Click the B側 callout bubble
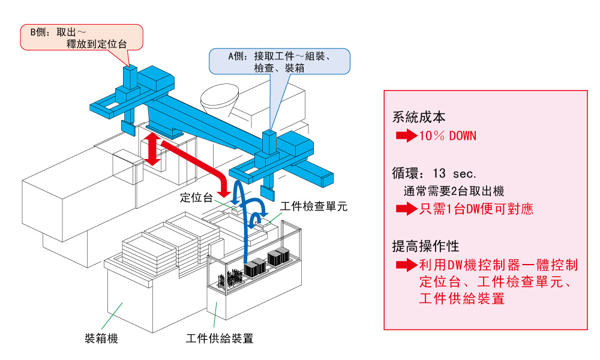[x=82, y=37]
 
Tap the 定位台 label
[x=196, y=197]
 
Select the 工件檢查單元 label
[x=314, y=206]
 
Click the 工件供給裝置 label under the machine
[x=220, y=338]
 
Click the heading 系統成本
[x=419, y=118]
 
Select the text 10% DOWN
[x=448, y=136]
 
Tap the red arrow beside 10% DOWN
[x=406, y=136]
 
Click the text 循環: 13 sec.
[x=434, y=174]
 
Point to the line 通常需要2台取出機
[x=454, y=191]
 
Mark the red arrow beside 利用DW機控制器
[x=406, y=265]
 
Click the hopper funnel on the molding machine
[x=221, y=98]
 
